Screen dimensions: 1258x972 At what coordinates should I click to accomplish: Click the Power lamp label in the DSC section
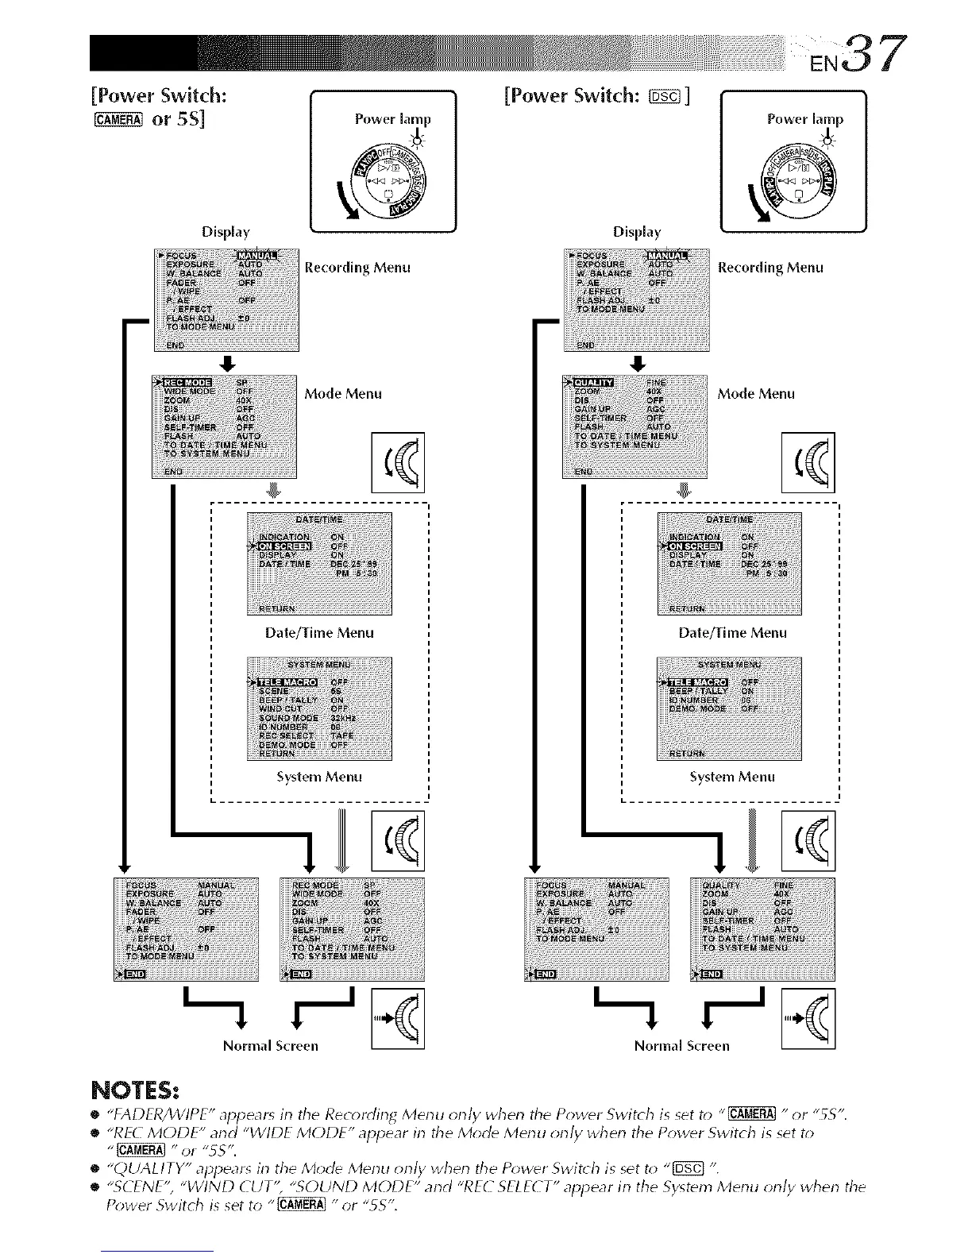(804, 119)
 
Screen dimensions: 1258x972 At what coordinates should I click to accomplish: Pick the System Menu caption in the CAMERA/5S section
(319, 777)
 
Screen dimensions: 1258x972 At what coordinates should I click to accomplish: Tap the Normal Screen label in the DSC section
(681, 1046)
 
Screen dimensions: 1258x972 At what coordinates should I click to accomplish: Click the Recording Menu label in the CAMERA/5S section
(357, 268)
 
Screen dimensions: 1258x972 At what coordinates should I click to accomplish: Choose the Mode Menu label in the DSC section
(756, 394)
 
